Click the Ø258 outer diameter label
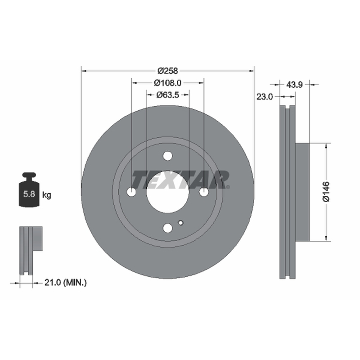(x=167, y=71)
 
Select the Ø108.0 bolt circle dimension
(x=167, y=83)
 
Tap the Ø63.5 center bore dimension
(x=167, y=95)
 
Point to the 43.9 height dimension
(x=294, y=85)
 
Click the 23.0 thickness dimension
(x=265, y=97)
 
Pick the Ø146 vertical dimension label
(x=326, y=192)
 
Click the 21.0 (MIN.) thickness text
(x=65, y=283)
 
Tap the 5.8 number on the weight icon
(x=29, y=194)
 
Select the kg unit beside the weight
(x=47, y=195)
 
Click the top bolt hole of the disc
(x=167, y=156)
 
